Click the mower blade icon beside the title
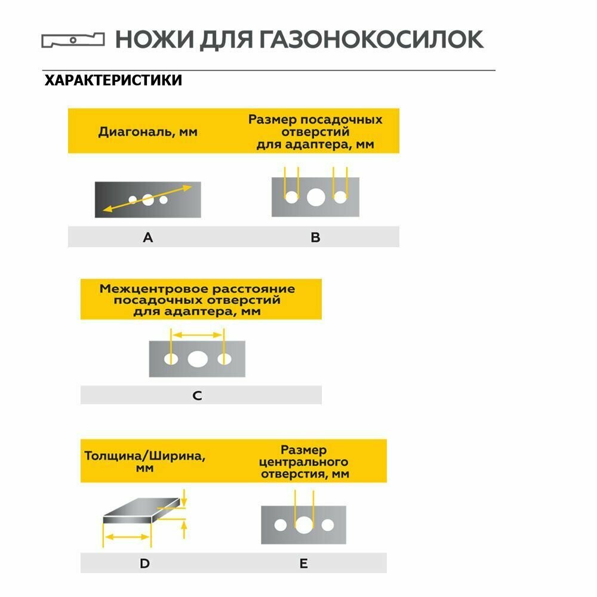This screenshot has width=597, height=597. pos(72,41)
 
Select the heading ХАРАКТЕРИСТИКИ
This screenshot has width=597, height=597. pos(113,80)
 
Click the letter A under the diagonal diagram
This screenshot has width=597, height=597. pos(148,238)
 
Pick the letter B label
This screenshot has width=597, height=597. pos(316,238)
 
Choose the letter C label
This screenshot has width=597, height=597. pos(198,395)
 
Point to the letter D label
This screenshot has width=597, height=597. pos(144,563)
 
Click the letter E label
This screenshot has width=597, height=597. pos(303,563)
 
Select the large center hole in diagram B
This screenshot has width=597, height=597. pos(315,196)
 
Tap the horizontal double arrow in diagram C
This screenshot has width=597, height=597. pos(197,335)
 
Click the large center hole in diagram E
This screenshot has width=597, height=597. pos(304,525)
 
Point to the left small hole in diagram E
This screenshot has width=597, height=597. pos(281,525)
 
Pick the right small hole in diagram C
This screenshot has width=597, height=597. pos(224,359)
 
